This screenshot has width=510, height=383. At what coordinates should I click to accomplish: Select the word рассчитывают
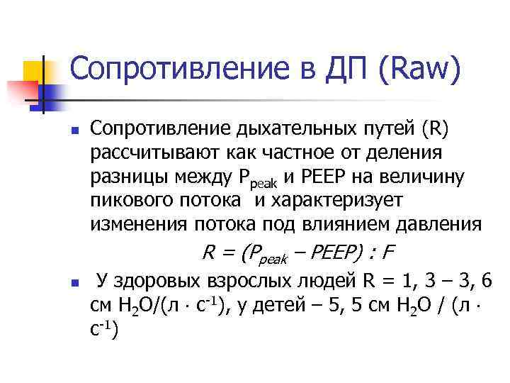[x=154, y=152]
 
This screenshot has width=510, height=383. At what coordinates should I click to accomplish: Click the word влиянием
[x=348, y=225]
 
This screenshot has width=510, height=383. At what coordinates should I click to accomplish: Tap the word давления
[x=439, y=225]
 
